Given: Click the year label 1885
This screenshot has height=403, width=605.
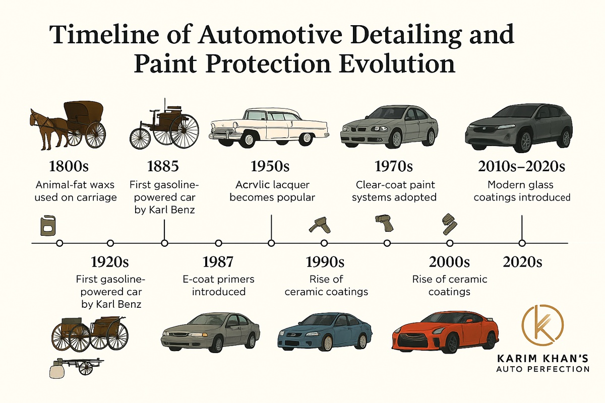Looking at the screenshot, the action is coord(163,166).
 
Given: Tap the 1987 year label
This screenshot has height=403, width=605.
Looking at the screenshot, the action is coord(218,261).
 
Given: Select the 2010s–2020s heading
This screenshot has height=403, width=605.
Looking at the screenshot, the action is coord(521,166).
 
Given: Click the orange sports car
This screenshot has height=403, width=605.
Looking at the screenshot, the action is coord(445,332).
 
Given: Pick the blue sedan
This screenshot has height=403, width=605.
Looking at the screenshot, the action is coord(325,332).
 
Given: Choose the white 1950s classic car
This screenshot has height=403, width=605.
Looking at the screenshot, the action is coord(269,127).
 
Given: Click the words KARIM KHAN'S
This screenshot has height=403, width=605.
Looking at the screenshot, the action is coord(542,359).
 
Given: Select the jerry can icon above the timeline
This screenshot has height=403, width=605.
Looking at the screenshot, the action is coord(48,226).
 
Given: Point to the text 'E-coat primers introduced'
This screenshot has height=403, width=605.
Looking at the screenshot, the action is coord(218,285).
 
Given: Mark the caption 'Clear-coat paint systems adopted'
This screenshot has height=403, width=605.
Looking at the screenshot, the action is coord(394,191).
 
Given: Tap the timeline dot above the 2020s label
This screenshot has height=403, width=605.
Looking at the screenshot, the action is coord(522,243).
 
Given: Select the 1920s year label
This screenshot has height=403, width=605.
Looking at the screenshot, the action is coord(110,261).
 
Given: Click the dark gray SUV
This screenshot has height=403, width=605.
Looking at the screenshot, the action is coord(519,128).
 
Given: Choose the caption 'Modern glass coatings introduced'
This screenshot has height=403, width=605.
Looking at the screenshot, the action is coord(522,191).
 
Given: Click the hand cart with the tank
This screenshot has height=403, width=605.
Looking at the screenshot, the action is coord(77,367).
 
